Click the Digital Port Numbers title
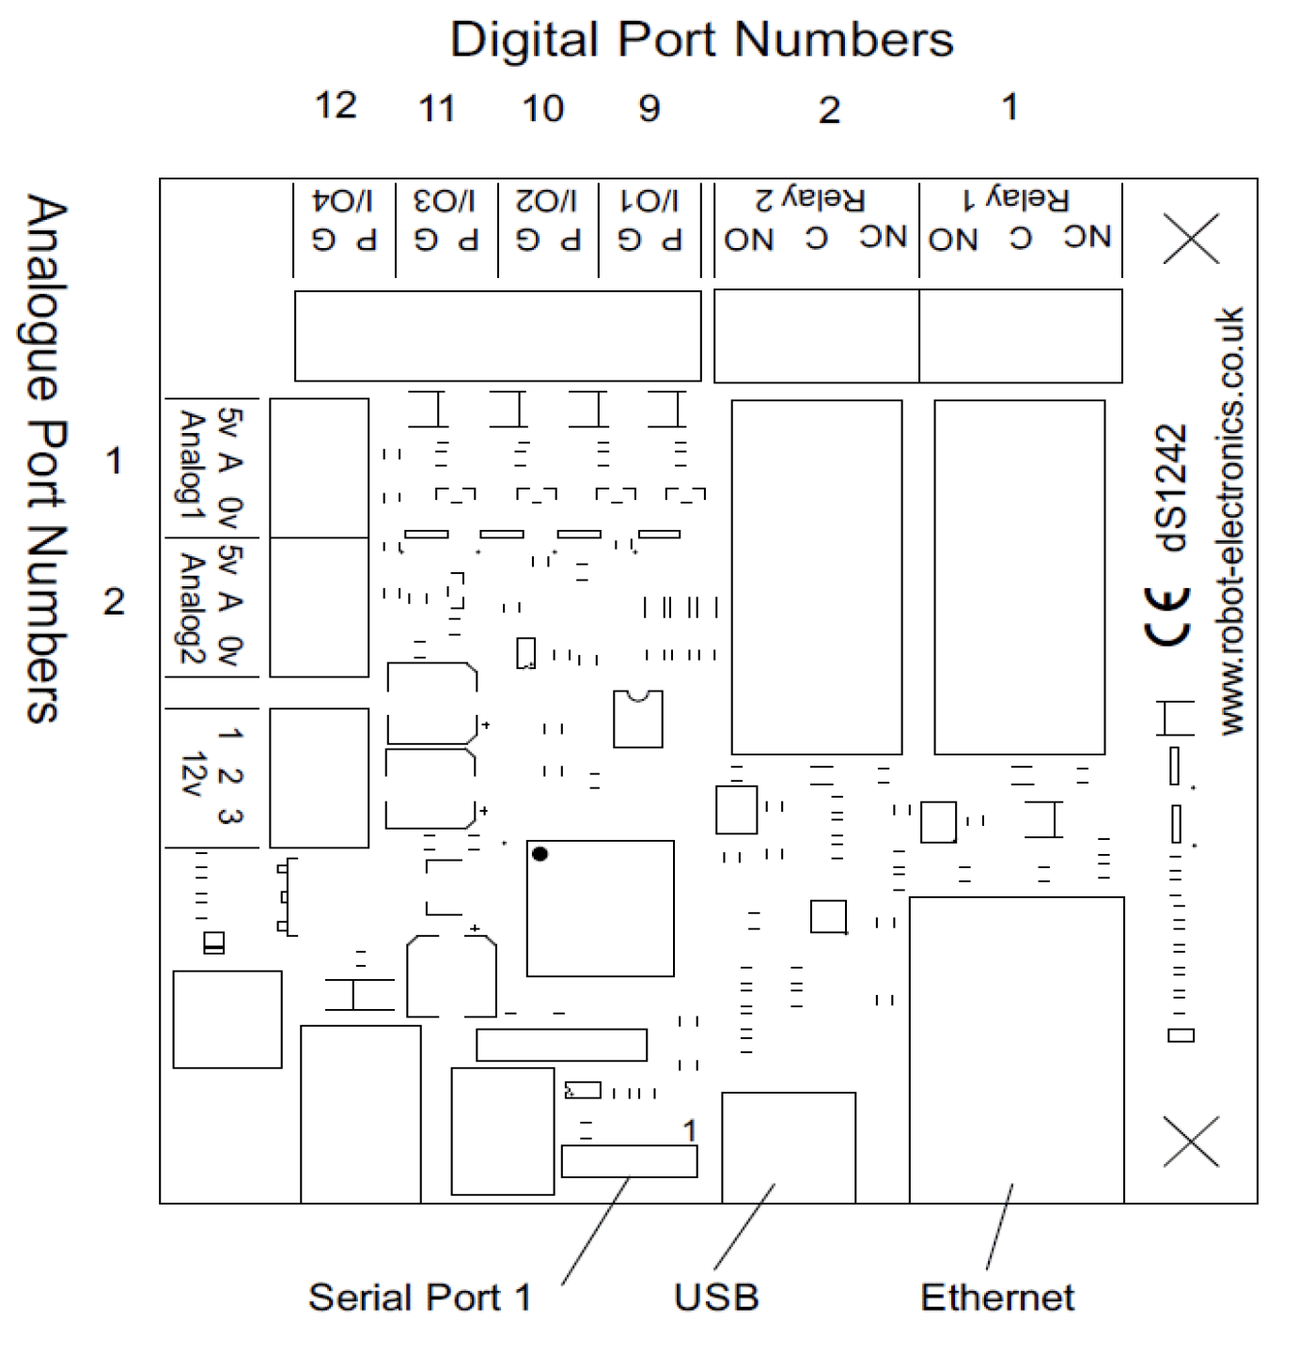701,40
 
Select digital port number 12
336,105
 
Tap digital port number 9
649,108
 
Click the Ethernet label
996,1298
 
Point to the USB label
716,1298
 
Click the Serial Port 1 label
419,1298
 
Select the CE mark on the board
1168,615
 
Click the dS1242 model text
1172,488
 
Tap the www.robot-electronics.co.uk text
1231,521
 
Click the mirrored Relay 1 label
1016,199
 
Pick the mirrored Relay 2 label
810,199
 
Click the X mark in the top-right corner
1191,238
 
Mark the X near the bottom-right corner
1191,1142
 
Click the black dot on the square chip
540,854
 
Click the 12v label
194,775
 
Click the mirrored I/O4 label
343,200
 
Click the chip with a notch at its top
638,719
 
